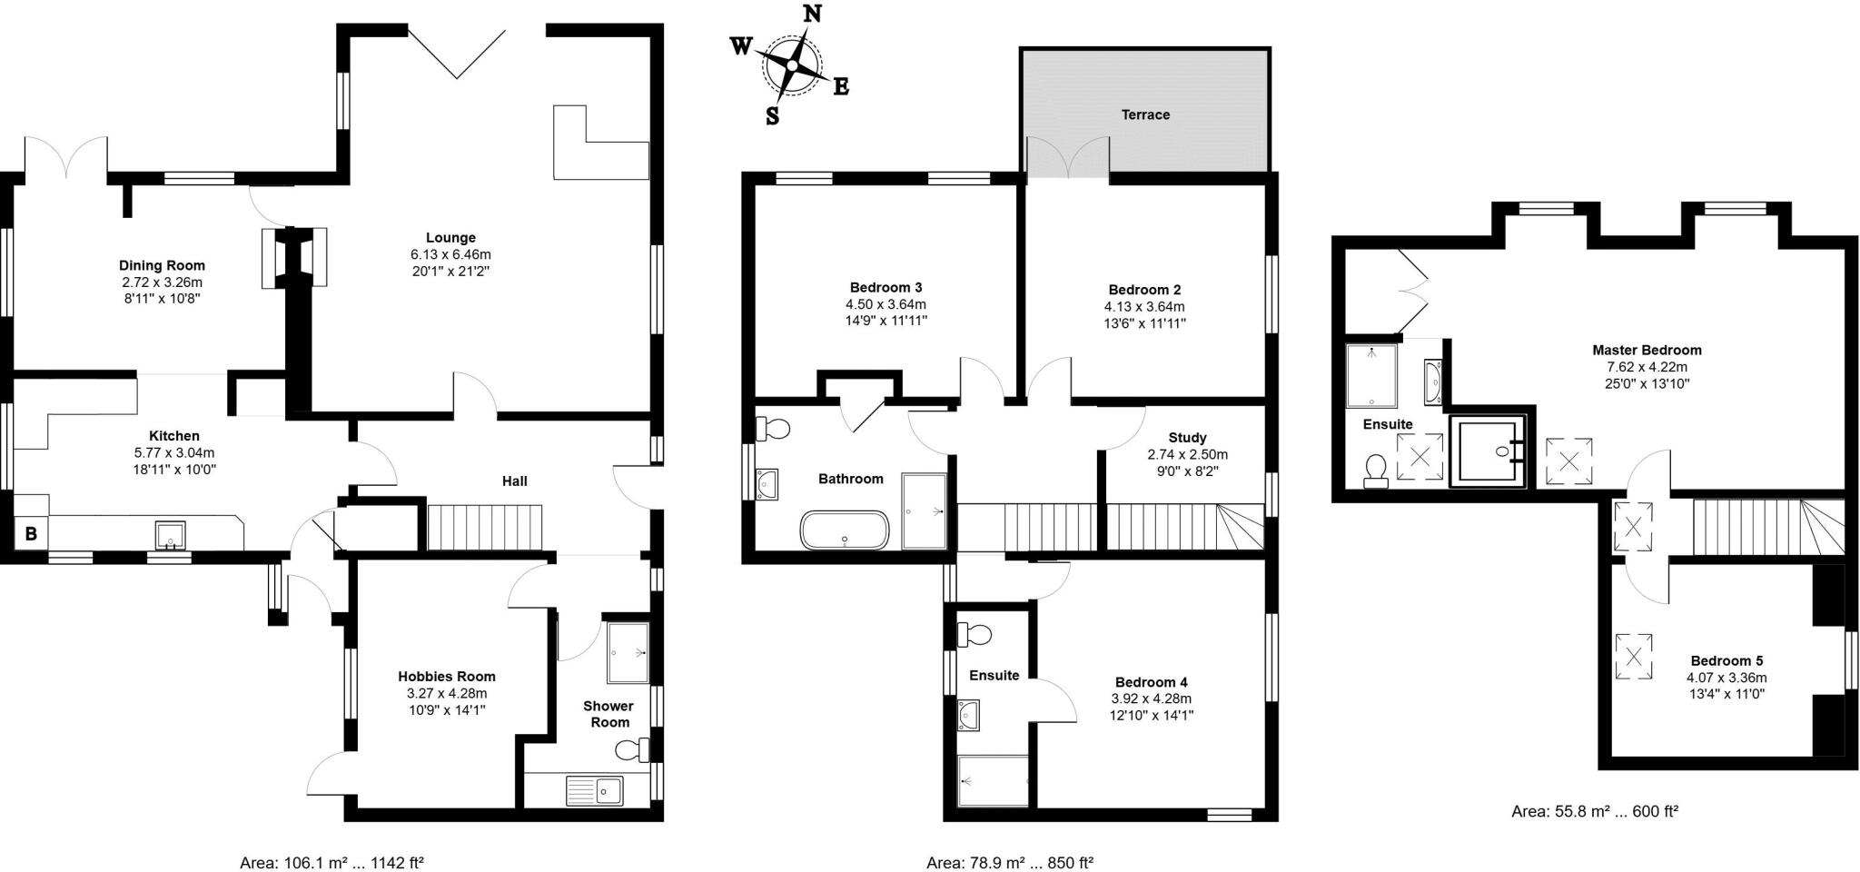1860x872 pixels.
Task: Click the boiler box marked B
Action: tap(31, 534)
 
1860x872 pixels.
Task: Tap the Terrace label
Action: tap(1145, 114)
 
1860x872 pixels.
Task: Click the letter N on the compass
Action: tap(813, 13)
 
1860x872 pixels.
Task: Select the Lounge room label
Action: tap(450, 238)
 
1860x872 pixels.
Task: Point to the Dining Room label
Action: tap(162, 265)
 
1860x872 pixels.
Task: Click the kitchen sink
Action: tap(170, 535)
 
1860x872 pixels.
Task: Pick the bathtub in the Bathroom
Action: tap(845, 530)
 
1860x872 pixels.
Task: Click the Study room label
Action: tap(1187, 438)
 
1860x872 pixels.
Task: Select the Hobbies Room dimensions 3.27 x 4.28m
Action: tap(447, 693)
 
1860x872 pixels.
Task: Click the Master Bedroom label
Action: tap(1647, 350)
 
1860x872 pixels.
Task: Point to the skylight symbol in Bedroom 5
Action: tap(1633, 656)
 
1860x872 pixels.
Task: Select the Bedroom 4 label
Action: tap(1151, 682)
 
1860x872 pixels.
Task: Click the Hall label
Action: tap(515, 481)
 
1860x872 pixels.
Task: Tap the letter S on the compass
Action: tap(772, 116)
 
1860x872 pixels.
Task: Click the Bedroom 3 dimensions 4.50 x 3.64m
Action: tap(885, 304)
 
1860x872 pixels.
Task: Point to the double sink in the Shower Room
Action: tap(594, 789)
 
